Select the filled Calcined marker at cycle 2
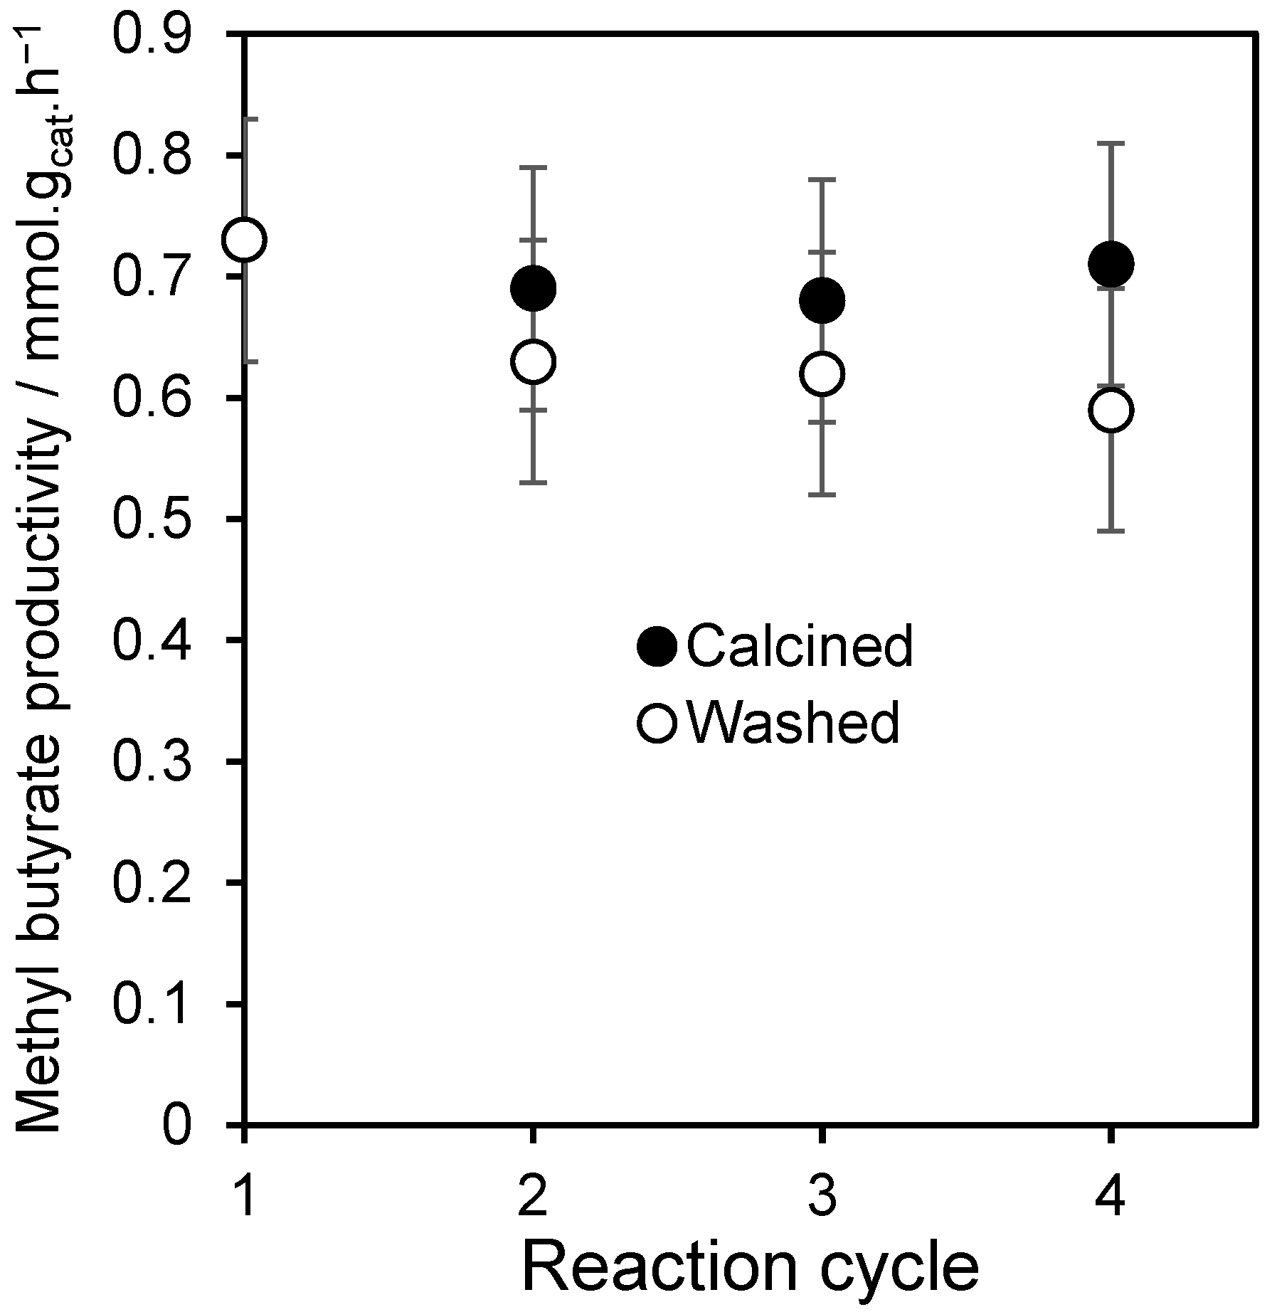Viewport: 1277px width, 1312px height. point(533,288)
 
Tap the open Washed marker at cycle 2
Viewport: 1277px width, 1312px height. point(533,361)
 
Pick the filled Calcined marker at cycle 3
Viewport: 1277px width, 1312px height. point(822,300)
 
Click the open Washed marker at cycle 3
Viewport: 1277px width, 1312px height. point(822,374)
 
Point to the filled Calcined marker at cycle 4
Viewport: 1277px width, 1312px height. point(1111,264)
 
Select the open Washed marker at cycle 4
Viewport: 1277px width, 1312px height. point(1111,410)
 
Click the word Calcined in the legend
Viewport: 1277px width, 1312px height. point(800,646)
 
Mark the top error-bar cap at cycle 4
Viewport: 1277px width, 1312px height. point(1111,143)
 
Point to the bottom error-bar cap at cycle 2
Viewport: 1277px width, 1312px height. point(533,482)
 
